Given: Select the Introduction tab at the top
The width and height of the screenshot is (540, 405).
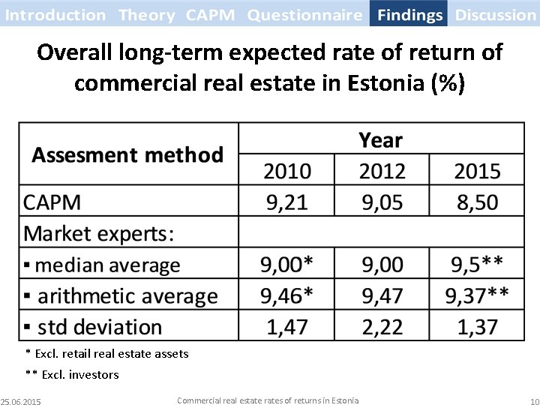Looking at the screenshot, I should click(x=55, y=14).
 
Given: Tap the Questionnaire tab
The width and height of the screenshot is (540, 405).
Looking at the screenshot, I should click(x=304, y=14).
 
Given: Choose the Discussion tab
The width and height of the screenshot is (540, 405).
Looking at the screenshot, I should click(x=496, y=14).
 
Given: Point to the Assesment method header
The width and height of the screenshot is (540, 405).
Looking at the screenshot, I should click(x=127, y=155).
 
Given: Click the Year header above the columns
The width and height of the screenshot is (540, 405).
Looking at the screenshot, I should click(x=380, y=140).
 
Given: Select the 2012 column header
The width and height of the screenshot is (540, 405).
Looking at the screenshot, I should click(x=382, y=172).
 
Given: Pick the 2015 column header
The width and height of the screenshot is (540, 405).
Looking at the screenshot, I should click(x=477, y=172).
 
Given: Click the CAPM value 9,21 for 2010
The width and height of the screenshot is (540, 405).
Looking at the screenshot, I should click(x=286, y=202).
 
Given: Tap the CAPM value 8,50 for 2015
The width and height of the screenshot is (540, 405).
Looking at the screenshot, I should click(x=477, y=202).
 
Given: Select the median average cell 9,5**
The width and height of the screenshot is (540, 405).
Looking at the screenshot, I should click(x=477, y=265).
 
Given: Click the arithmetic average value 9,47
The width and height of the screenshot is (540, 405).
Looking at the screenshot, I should click(x=382, y=295).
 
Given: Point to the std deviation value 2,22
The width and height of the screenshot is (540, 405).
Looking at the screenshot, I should click(x=382, y=327).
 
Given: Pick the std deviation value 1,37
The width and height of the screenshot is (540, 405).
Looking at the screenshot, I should click(x=477, y=327).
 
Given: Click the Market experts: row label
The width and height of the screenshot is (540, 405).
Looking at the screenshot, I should click(x=99, y=233).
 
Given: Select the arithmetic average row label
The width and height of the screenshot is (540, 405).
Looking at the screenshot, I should click(x=121, y=295).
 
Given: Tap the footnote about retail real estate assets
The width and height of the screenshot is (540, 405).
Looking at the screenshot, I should click(x=106, y=353).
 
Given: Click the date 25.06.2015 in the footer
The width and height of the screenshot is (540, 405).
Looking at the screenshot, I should click(x=21, y=401).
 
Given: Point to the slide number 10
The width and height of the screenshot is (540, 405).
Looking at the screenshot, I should click(x=533, y=401).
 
